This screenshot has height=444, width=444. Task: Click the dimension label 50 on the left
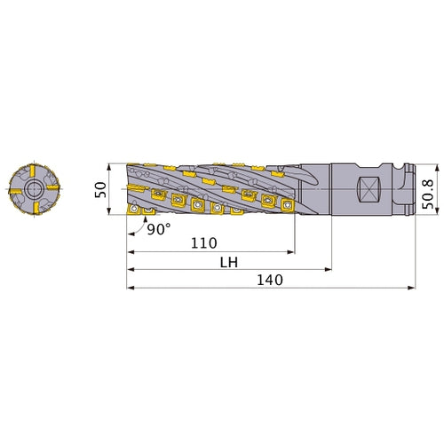click(x=100, y=188)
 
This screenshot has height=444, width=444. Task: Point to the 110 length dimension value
click(x=205, y=242)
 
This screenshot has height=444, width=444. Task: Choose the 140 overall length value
click(x=269, y=281)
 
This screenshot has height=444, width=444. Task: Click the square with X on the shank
click(x=371, y=189)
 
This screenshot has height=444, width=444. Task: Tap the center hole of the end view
click(x=32, y=188)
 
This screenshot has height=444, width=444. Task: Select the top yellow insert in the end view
click(x=32, y=170)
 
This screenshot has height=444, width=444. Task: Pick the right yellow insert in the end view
click(x=52, y=188)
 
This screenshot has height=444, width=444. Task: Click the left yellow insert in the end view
click(x=13, y=189)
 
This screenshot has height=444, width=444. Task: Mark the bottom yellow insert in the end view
click(x=33, y=208)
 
